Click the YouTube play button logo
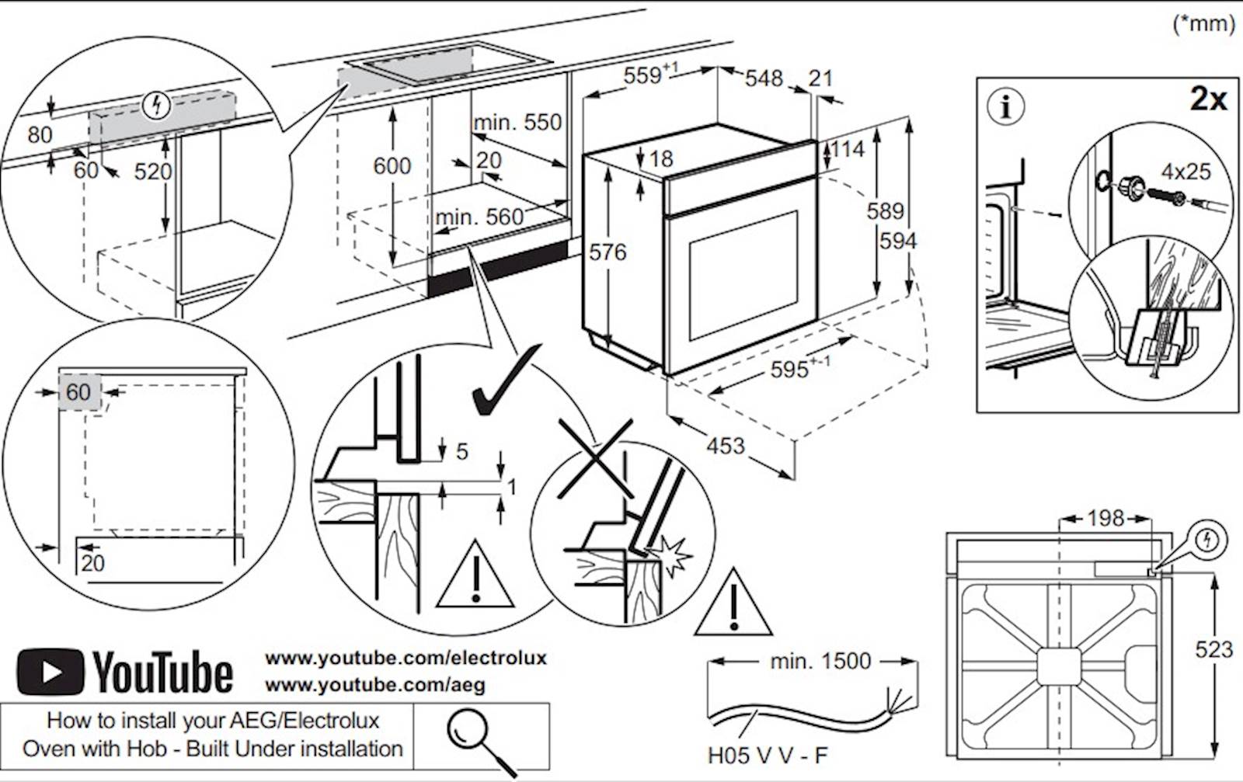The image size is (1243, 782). click(50, 672)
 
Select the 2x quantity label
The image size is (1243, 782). click(1208, 99)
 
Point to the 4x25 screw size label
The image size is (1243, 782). click(1186, 171)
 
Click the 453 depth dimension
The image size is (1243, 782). click(726, 446)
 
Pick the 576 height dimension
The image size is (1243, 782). click(608, 252)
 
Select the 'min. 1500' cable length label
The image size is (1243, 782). click(820, 662)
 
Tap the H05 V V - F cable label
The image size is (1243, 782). click(768, 755)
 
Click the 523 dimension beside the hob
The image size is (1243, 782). click(1214, 648)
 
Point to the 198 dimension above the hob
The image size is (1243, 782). click(1105, 518)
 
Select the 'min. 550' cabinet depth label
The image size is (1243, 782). click(517, 122)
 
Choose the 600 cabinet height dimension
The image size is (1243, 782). click(392, 165)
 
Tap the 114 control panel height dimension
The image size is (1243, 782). click(847, 149)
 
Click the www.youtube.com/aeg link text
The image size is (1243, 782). click(375, 685)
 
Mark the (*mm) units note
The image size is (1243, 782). click(1203, 24)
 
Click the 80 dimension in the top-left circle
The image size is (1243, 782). click(40, 135)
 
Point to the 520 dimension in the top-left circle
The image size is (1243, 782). click(153, 171)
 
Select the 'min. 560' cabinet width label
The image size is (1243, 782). click(479, 217)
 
